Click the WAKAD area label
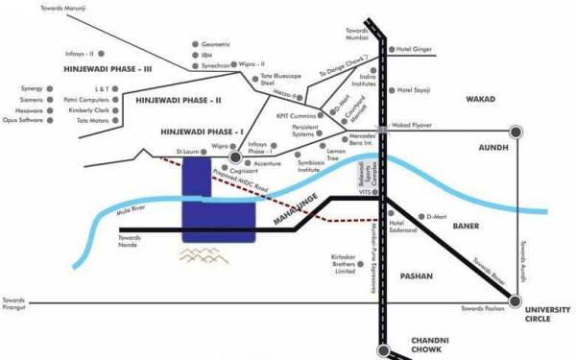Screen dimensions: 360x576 482,99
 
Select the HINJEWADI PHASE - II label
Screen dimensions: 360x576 179,100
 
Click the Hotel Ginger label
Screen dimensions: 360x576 417,48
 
